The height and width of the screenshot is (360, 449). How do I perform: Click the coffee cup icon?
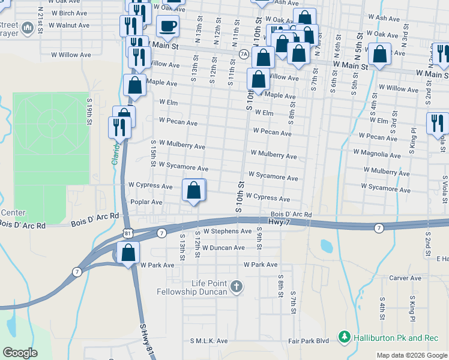pos(167,26)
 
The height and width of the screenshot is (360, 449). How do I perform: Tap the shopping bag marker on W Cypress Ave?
pos(194,191)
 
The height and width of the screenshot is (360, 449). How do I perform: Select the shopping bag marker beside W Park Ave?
pos(128,254)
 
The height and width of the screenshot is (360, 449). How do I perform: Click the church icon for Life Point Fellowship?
pos(237,287)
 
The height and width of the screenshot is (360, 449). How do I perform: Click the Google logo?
pos(20,353)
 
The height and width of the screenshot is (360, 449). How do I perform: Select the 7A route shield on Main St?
pos(244,53)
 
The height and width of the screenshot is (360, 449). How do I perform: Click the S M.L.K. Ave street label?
pos(209,341)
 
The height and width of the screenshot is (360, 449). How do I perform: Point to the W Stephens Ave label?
pos(227,231)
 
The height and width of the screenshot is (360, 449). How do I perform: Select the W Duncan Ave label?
pos(223,247)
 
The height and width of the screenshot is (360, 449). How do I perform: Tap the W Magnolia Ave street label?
pos(377,153)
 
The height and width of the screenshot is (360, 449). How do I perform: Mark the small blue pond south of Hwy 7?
pos(326,245)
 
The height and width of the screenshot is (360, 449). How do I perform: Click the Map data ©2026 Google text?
pos(412,355)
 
